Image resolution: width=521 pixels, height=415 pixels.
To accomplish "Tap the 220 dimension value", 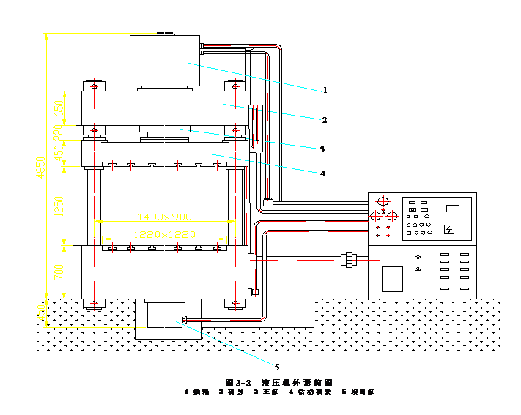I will point(59,132).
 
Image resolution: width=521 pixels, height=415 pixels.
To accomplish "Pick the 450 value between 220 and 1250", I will point(59,154).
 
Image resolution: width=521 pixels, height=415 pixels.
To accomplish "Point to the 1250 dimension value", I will point(59,206).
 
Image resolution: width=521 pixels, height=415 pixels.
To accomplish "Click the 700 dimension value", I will point(59,272).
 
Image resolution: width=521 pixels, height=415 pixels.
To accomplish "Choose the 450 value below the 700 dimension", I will point(41,313).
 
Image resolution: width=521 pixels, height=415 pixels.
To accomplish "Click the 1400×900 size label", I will point(164,217).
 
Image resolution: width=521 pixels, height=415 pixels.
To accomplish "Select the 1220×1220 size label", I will point(164,234).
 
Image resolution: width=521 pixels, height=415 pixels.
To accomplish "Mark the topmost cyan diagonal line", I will point(255,77).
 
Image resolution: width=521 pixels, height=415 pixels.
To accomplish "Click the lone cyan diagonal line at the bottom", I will point(223,343).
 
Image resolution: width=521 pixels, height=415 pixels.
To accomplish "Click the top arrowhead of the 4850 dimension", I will point(46,37).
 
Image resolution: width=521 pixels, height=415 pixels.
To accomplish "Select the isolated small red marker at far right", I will point(418,263).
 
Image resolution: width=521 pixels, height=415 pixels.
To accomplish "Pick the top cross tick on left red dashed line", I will point(94,86).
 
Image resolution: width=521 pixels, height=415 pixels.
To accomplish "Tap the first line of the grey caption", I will point(279,382).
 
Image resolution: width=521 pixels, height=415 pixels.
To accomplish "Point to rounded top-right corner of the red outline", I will point(277,50).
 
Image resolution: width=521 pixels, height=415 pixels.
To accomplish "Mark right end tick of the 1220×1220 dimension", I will point(226,239).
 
